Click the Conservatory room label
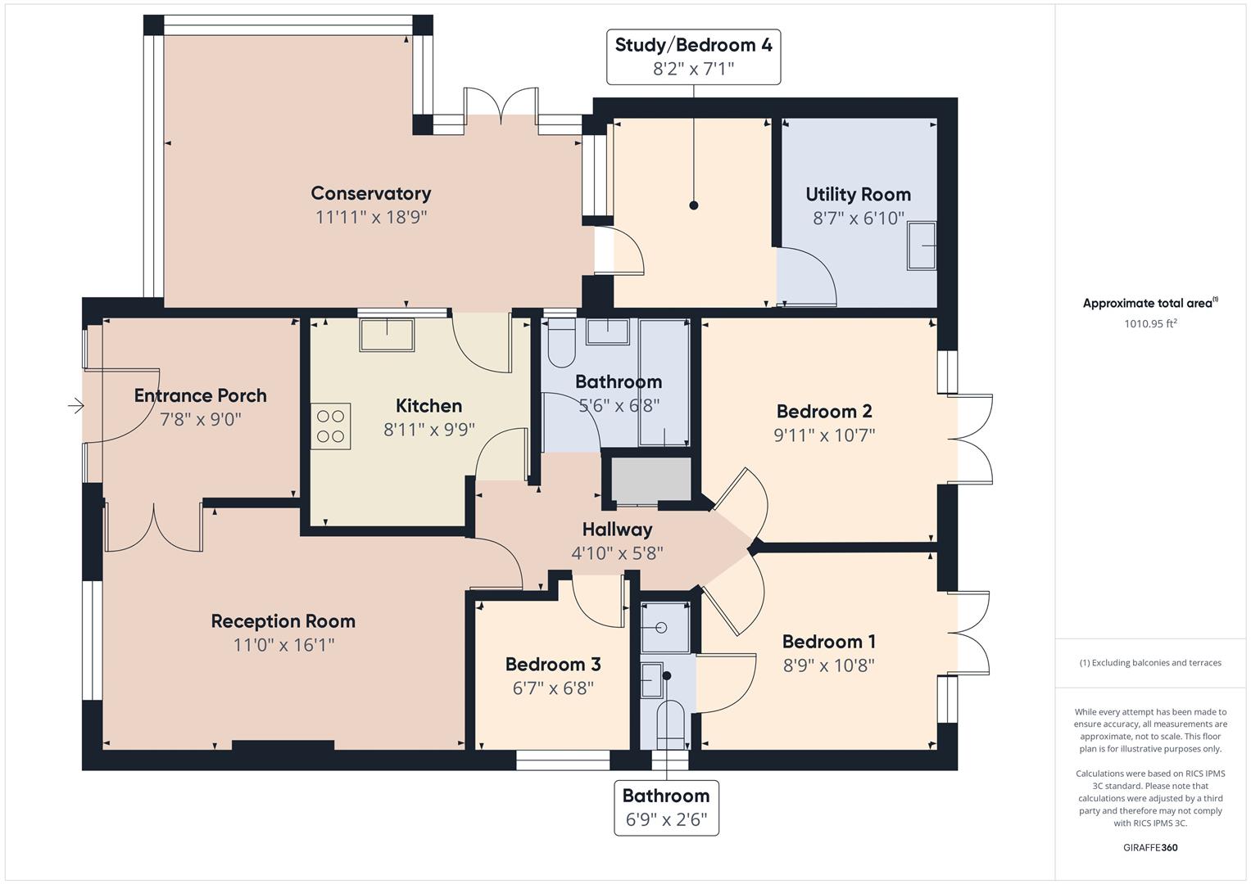370,193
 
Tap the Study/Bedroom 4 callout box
693,56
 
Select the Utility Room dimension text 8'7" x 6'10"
858,218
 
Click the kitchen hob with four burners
330,426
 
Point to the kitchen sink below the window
387,334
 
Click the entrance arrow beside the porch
75,405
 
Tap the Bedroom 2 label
823,411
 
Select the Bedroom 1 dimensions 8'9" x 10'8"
828,665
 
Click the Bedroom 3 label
553,664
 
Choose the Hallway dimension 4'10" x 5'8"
617,553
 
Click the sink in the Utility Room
922,245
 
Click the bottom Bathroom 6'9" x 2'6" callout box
666,807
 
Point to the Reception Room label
283,621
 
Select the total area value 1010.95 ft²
1150,323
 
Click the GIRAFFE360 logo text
1150,847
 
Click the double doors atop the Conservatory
501,110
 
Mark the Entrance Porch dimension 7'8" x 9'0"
201,419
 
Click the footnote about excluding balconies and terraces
1150,663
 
